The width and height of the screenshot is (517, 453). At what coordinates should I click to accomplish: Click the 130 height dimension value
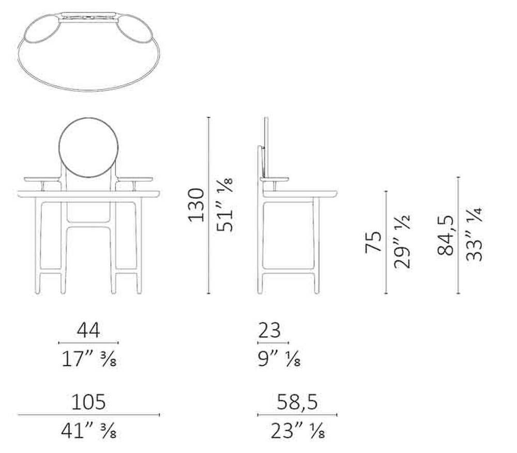pyautogui.click(x=196, y=205)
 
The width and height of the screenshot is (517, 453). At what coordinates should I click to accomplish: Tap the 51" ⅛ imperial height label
pyautogui.click(x=225, y=205)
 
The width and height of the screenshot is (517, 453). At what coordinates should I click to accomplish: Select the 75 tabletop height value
pyautogui.click(x=374, y=242)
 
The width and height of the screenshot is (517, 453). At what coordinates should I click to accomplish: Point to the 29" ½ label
pyautogui.click(x=402, y=242)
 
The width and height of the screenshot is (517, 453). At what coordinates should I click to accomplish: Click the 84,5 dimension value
pyautogui.click(x=446, y=235)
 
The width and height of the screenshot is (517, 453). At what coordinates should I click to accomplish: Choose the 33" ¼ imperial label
pyautogui.click(x=475, y=234)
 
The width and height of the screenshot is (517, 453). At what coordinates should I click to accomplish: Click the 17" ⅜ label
pyautogui.click(x=89, y=358)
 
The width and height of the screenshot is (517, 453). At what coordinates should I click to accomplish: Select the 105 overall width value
pyautogui.click(x=89, y=402)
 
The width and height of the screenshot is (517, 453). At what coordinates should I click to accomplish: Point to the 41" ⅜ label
pyautogui.click(x=89, y=431)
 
